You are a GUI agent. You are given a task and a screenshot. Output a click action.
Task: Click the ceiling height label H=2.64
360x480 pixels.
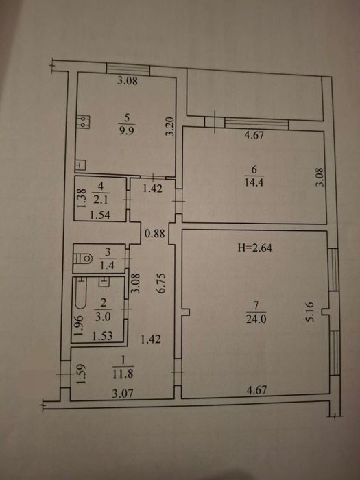click(255, 248)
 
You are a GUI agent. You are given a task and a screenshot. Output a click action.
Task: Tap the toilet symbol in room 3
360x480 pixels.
click(83, 259)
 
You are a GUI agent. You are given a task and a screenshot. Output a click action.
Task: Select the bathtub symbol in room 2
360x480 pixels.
click(80, 292)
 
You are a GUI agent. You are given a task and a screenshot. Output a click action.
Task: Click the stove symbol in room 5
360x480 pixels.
click(83, 121)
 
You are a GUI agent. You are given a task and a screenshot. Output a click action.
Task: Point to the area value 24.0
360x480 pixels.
click(256, 320)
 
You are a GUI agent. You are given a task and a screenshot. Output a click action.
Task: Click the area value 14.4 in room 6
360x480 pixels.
click(254, 182)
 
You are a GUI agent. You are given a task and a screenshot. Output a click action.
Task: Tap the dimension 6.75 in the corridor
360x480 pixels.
click(161, 283)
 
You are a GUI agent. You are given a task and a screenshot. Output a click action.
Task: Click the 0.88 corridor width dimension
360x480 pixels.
click(154, 234)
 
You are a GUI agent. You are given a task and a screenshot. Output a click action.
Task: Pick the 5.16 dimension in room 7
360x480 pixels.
click(309, 312)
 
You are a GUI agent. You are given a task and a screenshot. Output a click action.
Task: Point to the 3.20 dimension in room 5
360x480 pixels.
click(170, 126)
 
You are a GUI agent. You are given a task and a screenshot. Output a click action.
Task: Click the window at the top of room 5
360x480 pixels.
click(128, 69)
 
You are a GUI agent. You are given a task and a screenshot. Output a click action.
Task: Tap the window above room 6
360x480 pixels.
click(256, 123)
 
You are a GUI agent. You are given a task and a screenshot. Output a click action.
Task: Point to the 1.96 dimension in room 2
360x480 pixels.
click(77, 326)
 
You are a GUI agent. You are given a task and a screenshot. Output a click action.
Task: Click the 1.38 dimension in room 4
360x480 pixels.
click(80, 198)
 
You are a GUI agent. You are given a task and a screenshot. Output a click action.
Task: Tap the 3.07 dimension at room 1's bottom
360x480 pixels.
click(123, 393)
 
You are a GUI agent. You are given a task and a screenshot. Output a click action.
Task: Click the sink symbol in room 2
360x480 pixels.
click(104, 281)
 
